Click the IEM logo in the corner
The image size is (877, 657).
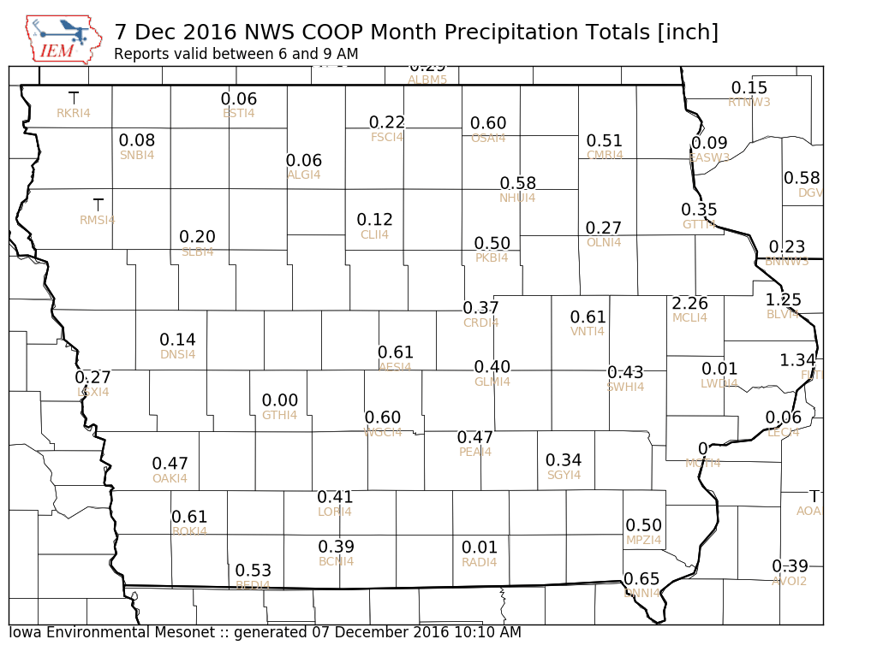62,38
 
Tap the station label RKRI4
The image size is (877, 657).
74,113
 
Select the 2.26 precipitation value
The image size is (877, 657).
689,303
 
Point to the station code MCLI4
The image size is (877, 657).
689,317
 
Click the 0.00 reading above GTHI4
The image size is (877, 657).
280,400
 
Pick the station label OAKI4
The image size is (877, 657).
170,478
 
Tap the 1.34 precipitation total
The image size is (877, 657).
797,360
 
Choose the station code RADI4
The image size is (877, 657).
480,562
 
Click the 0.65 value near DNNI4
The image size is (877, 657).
641,579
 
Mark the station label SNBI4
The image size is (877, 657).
137,155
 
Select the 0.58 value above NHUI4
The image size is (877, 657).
518,183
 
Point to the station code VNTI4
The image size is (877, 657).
588,331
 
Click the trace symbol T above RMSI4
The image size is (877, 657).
98,204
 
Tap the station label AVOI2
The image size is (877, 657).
790,581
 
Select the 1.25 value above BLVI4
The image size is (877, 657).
783,299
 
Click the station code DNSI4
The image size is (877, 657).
178,354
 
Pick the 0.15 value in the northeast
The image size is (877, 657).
749,88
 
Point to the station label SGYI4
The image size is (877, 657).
564,475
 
